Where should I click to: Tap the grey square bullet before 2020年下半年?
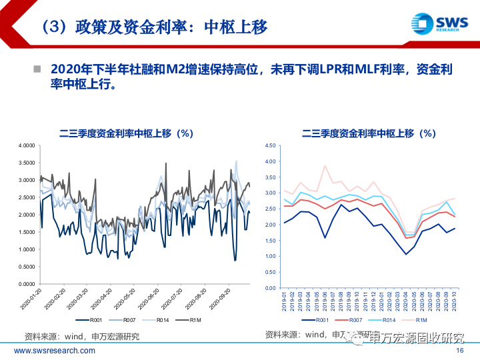tap(37, 69)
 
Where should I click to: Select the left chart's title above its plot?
tap(126, 133)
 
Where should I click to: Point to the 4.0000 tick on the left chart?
tap(26, 145)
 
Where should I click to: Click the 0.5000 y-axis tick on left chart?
tap(26, 267)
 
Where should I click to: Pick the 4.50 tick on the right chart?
tap(270, 145)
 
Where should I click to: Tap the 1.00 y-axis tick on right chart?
tap(270, 256)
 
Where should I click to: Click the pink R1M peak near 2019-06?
tap(325, 166)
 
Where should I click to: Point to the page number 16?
tap(459, 351)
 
